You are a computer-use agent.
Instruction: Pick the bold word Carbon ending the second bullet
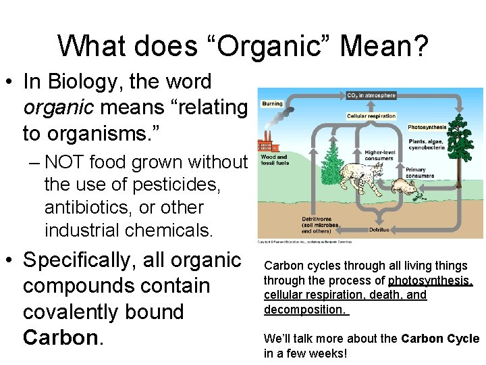(x=60, y=337)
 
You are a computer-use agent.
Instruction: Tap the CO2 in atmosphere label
(x=371, y=95)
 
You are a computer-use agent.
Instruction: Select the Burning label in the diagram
(x=272, y=104)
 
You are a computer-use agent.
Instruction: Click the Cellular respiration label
(x=371, y=116)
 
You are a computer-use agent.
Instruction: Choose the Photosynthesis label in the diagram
(x=427, y=126)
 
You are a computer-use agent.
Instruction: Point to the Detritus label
(x=379, y=230)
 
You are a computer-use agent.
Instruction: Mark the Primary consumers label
(x=420, y=172)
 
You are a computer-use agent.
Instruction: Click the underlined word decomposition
(x=304, y=310)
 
